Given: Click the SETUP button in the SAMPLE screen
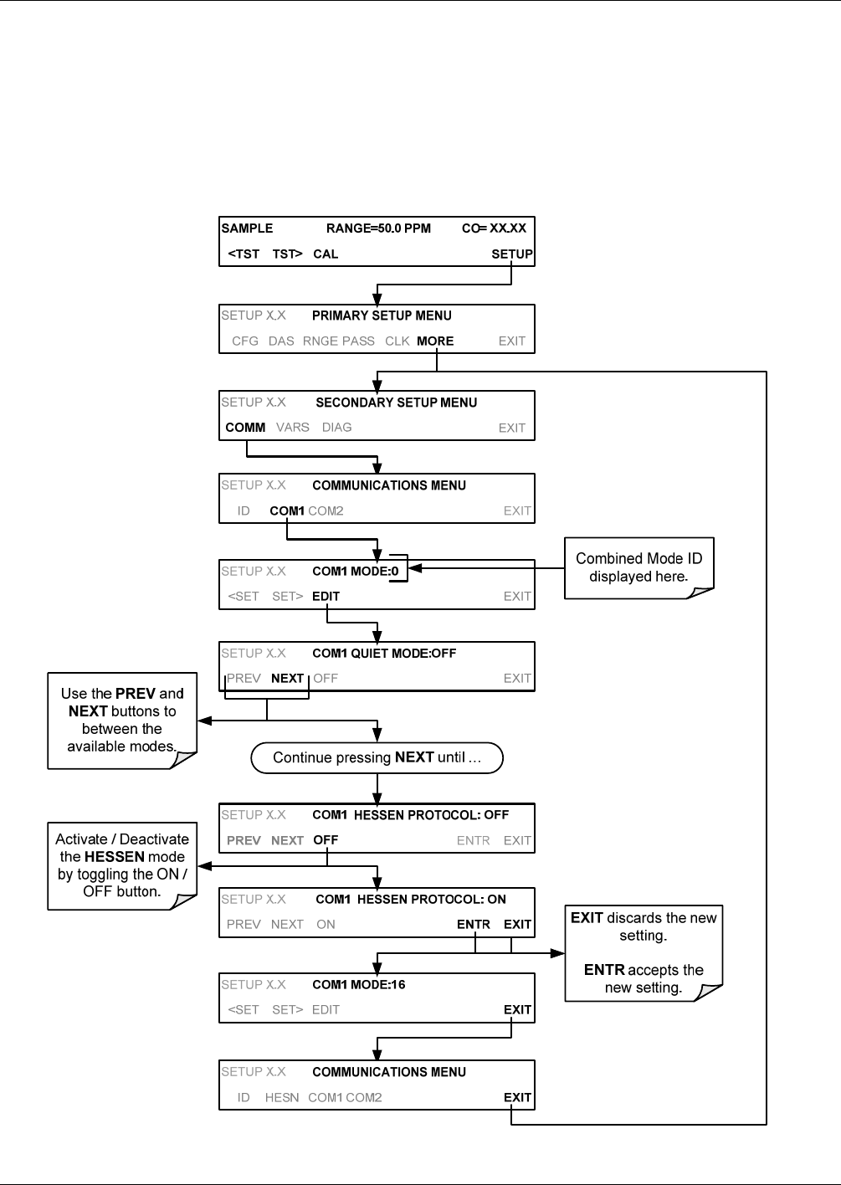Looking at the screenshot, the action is click(511, 254).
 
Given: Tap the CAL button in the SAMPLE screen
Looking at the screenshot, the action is click(326, 254).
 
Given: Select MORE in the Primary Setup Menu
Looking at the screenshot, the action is click(435, 341).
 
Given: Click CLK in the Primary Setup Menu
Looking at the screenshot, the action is click(397, 341).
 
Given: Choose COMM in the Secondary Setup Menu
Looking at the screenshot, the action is click(245, 428).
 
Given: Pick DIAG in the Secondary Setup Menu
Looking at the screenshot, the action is click(336, 428).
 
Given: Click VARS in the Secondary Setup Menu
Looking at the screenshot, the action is click(293, 428).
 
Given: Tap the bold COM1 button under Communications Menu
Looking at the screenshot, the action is click(287, 511).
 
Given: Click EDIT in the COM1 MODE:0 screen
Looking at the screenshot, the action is click(326, 596).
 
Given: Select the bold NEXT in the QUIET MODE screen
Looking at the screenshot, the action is click(287, 678).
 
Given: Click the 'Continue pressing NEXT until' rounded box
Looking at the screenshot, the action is click(377, 757).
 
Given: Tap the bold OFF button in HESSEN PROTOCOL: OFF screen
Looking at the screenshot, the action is click(326, 840).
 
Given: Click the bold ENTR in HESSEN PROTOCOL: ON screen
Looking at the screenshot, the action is click(474, 924).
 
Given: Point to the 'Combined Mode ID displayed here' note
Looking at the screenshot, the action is click(639, 567).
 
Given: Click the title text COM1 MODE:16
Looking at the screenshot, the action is click(359, 984).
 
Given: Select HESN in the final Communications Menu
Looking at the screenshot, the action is click(282, 1098).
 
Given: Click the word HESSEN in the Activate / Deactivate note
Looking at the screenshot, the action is click(115, 856).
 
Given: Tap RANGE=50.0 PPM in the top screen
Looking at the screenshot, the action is click(378, 228).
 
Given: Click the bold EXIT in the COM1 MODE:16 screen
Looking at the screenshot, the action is click(517, 1010).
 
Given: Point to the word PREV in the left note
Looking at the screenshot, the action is click(136, 694).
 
